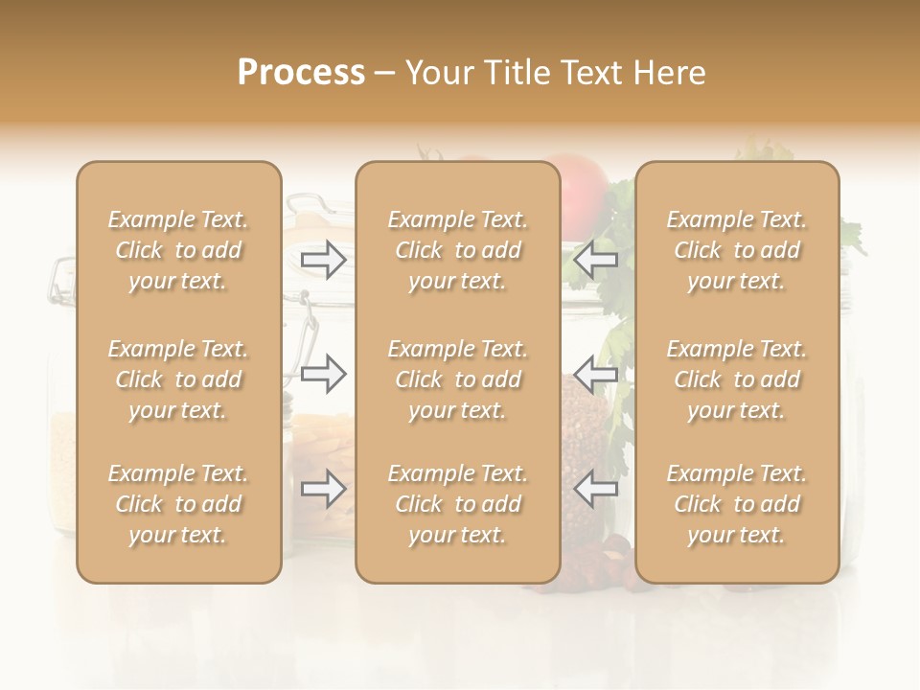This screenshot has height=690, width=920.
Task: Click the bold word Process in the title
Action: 301,73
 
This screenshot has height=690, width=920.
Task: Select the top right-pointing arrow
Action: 323,259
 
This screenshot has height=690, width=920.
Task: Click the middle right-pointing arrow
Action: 323,374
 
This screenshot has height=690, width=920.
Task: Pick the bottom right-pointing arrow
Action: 323,490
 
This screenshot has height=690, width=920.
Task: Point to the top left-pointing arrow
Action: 595,259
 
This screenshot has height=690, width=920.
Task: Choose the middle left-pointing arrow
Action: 595,374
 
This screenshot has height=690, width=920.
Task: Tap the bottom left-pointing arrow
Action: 595,490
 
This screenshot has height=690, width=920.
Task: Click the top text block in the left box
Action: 178,250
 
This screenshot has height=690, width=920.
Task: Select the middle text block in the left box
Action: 178,379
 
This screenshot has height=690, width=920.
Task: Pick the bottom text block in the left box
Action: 178,504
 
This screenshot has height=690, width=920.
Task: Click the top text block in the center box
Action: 457,250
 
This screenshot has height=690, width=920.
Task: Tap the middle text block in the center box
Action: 457,379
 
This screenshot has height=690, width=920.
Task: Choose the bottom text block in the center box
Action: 457,504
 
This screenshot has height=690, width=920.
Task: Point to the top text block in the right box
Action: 737,250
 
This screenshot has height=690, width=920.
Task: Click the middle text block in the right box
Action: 737,379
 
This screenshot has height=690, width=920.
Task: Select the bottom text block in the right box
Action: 737,504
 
